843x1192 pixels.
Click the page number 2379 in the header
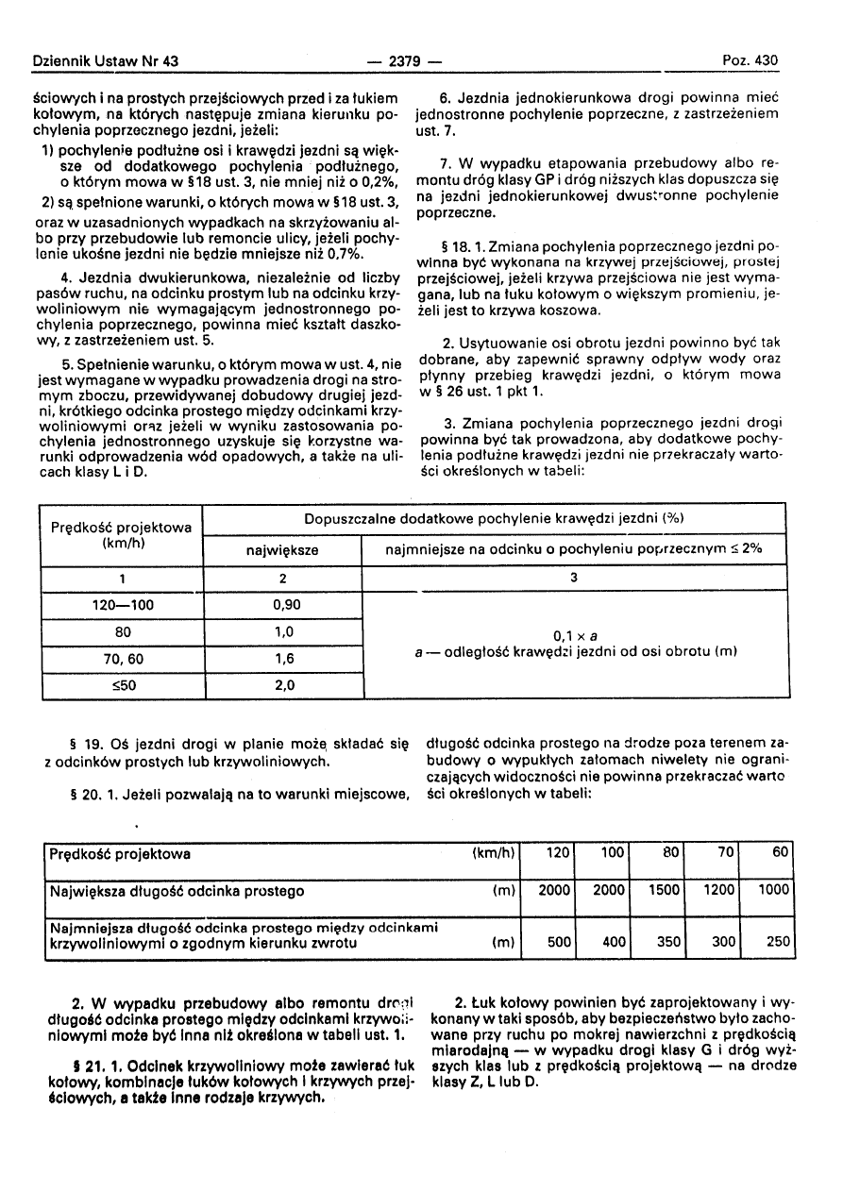(x=406, y=61)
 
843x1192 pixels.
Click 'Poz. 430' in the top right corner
(x=750, y=60)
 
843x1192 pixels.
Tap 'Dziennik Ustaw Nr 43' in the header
(x=105, y=61)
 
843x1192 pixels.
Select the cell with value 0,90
(x=286, y=605)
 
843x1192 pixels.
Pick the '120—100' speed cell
(x=122, y=605)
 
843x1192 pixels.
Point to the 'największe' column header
(x=283, y=549)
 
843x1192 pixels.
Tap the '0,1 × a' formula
(x=573, y=635)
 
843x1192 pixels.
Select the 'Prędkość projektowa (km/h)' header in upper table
(x=122, y=535)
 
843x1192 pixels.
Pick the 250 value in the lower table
(x=776, y=942)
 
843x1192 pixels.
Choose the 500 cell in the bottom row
(x=559, y=942)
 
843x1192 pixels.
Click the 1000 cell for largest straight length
(x=773, y=890)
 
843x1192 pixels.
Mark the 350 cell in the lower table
(x=668, y=942)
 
